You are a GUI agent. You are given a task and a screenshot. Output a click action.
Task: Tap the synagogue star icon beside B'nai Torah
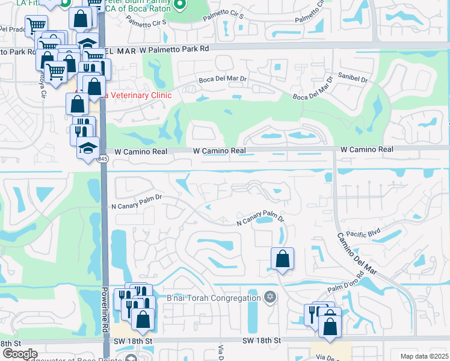pyautogui.click(x=270, y=297)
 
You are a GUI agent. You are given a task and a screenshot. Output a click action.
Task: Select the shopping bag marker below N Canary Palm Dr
pyautogui.click(x=282, y=259)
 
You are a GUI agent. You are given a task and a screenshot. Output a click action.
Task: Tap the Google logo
pyautogui.click(x=20, y=354)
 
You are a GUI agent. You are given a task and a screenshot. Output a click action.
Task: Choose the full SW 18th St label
pyautogui.click(x=261, y=341)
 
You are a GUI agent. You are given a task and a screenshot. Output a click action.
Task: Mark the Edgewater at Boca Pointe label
pyautogui.click(x=66, y=357)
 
